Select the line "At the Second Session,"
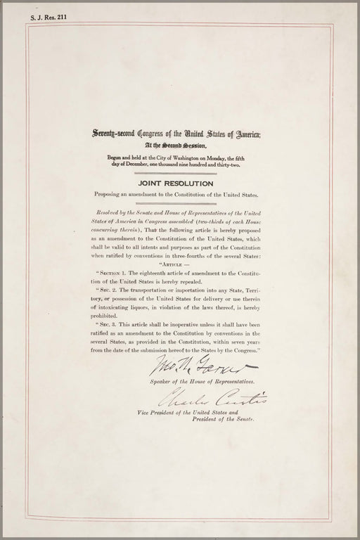pyautogui.click(x=176, y=146)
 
